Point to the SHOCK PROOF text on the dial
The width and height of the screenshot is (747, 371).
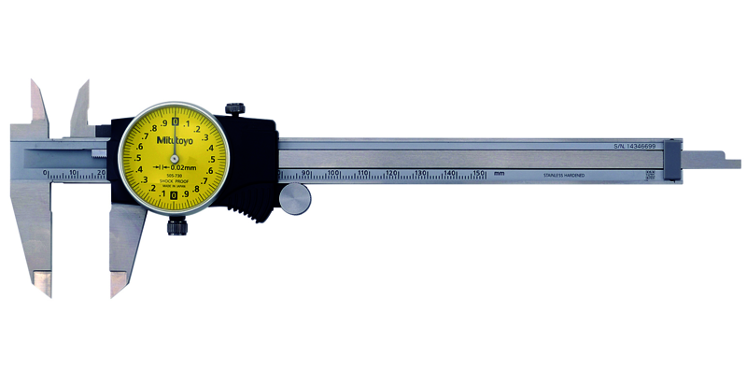[x=174, y=178]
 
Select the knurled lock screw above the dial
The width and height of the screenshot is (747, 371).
[x=236, y=111]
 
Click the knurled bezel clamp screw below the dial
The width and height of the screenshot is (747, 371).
[x=175, y=225]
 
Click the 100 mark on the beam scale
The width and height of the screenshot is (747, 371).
[x=333, y=173]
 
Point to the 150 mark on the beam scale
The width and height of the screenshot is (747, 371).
[x=478, y=173]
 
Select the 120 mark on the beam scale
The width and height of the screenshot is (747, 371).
[x=391, y=173]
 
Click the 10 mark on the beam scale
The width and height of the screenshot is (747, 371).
[x=74, y=174]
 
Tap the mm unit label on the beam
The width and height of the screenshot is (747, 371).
[x=500, y=174]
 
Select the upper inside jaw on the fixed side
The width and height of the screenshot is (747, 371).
[x=39, y=103]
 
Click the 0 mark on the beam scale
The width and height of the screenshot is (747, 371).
[x=45, y=174]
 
